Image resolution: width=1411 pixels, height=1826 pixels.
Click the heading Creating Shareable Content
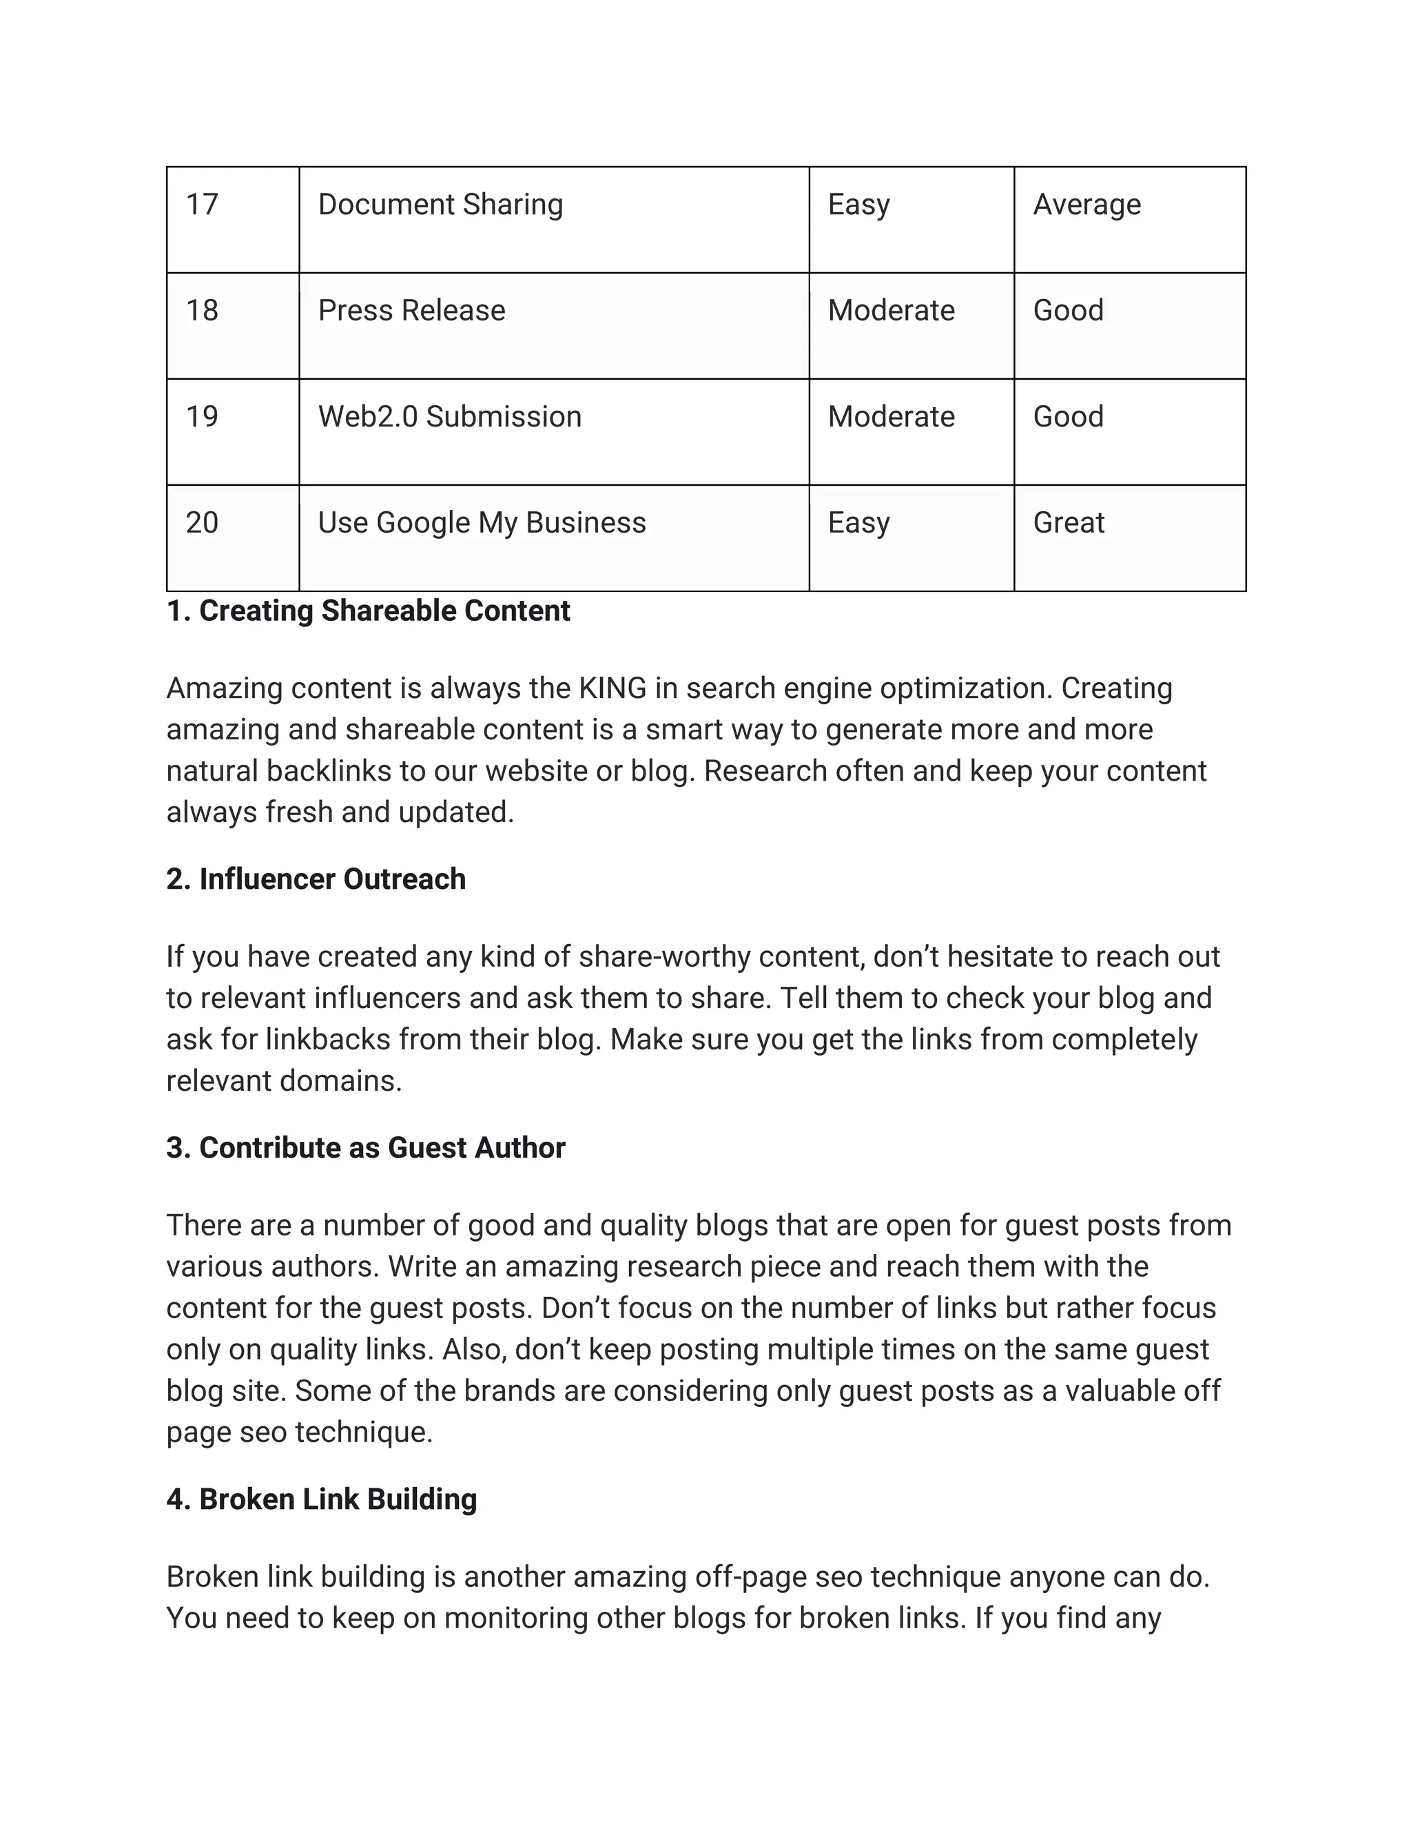coord(368,611)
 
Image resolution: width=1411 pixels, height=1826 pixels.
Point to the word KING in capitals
coord(612,689)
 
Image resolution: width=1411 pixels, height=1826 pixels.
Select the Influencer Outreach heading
coord(316,879)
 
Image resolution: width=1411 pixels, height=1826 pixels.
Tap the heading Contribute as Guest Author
coord(365,1148)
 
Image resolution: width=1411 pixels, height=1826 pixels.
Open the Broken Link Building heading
coord(321,1499)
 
